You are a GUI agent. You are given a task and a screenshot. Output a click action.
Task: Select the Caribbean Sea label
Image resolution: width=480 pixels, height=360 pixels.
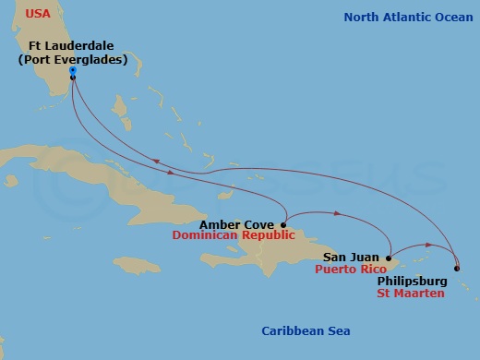click(x=306, y=331)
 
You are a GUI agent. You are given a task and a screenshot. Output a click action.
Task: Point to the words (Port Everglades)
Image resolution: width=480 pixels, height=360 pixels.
click(x=73, y=61)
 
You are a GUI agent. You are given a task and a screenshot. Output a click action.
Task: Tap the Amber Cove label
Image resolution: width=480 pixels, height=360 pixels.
click(x=239, y=223)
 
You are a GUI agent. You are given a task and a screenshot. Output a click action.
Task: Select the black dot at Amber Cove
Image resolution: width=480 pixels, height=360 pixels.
click(x=283, y=223)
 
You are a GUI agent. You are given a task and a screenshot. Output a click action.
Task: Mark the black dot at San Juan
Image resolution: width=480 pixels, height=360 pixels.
click(x=389, y=258)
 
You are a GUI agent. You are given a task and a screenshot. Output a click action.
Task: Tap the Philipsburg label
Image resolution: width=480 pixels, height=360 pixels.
click(x=412, y=281)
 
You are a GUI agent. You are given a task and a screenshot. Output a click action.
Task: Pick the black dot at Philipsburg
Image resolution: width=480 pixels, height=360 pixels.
click(x=455, y=268)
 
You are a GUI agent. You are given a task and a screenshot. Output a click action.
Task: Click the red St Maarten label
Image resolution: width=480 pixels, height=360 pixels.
click(x=411, y=294)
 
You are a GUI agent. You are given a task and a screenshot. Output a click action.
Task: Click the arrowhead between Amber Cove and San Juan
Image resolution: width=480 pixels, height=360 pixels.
click(x=339, y=215)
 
